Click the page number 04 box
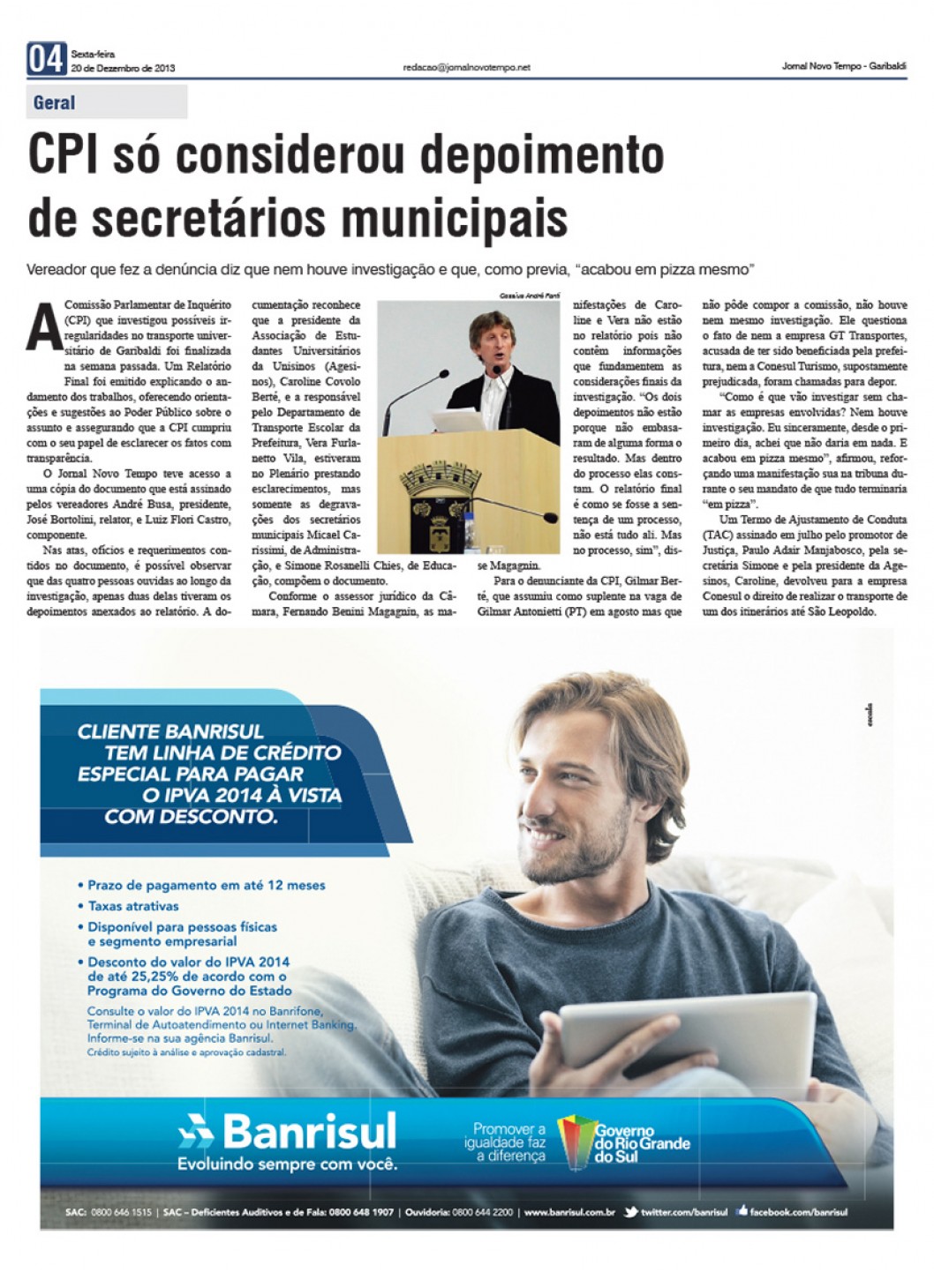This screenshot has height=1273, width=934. tap(46, 59)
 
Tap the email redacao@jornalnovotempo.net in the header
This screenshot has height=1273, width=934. tap(466, 67)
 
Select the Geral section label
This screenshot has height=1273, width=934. tap(54, 102)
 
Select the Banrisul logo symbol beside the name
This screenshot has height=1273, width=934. tap(195, 1130)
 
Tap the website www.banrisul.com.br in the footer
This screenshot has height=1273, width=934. tap(569, 1212)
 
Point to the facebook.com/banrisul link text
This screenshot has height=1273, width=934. tap(798, 1212)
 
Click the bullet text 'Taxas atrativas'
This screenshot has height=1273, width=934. tap(133, 906)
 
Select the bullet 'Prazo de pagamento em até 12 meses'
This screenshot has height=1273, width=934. tap(206, 885)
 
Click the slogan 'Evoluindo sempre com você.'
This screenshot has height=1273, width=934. tap(288, 1164)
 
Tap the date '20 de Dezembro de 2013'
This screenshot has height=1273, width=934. tap(123, 68)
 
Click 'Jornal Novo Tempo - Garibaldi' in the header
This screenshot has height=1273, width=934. tap(843, 67)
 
